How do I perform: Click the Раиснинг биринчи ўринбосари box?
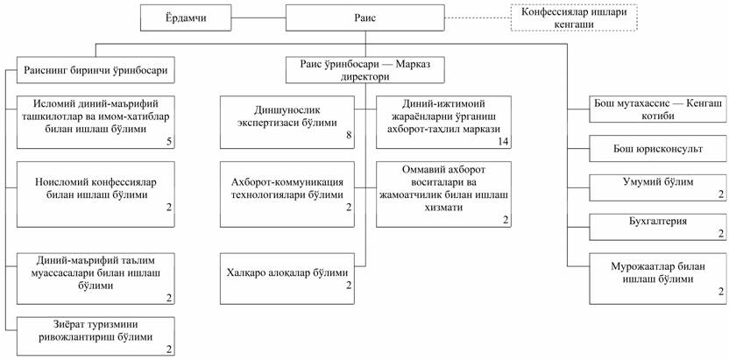[96, 69]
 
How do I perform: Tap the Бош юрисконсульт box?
[647, 149]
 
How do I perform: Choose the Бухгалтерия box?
[647, 226]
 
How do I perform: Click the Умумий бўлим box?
[647, 187]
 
